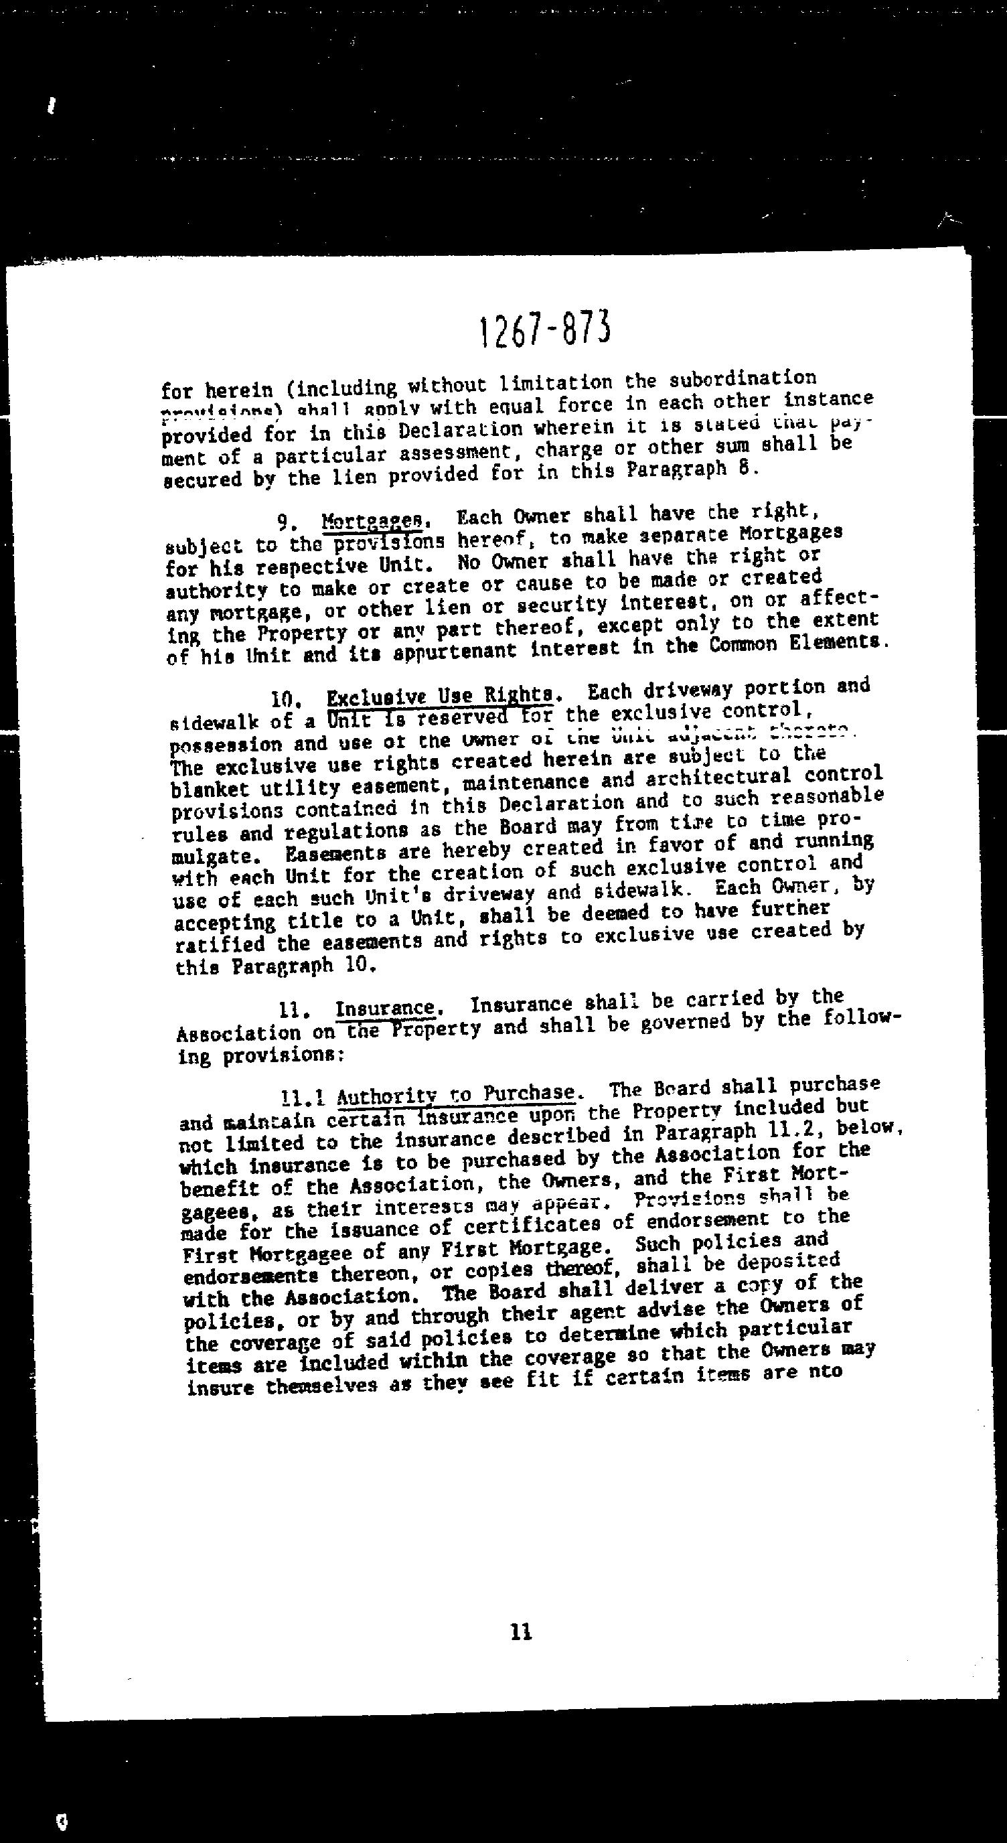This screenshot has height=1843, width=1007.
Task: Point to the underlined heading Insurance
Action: [x=386, y=1009]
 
